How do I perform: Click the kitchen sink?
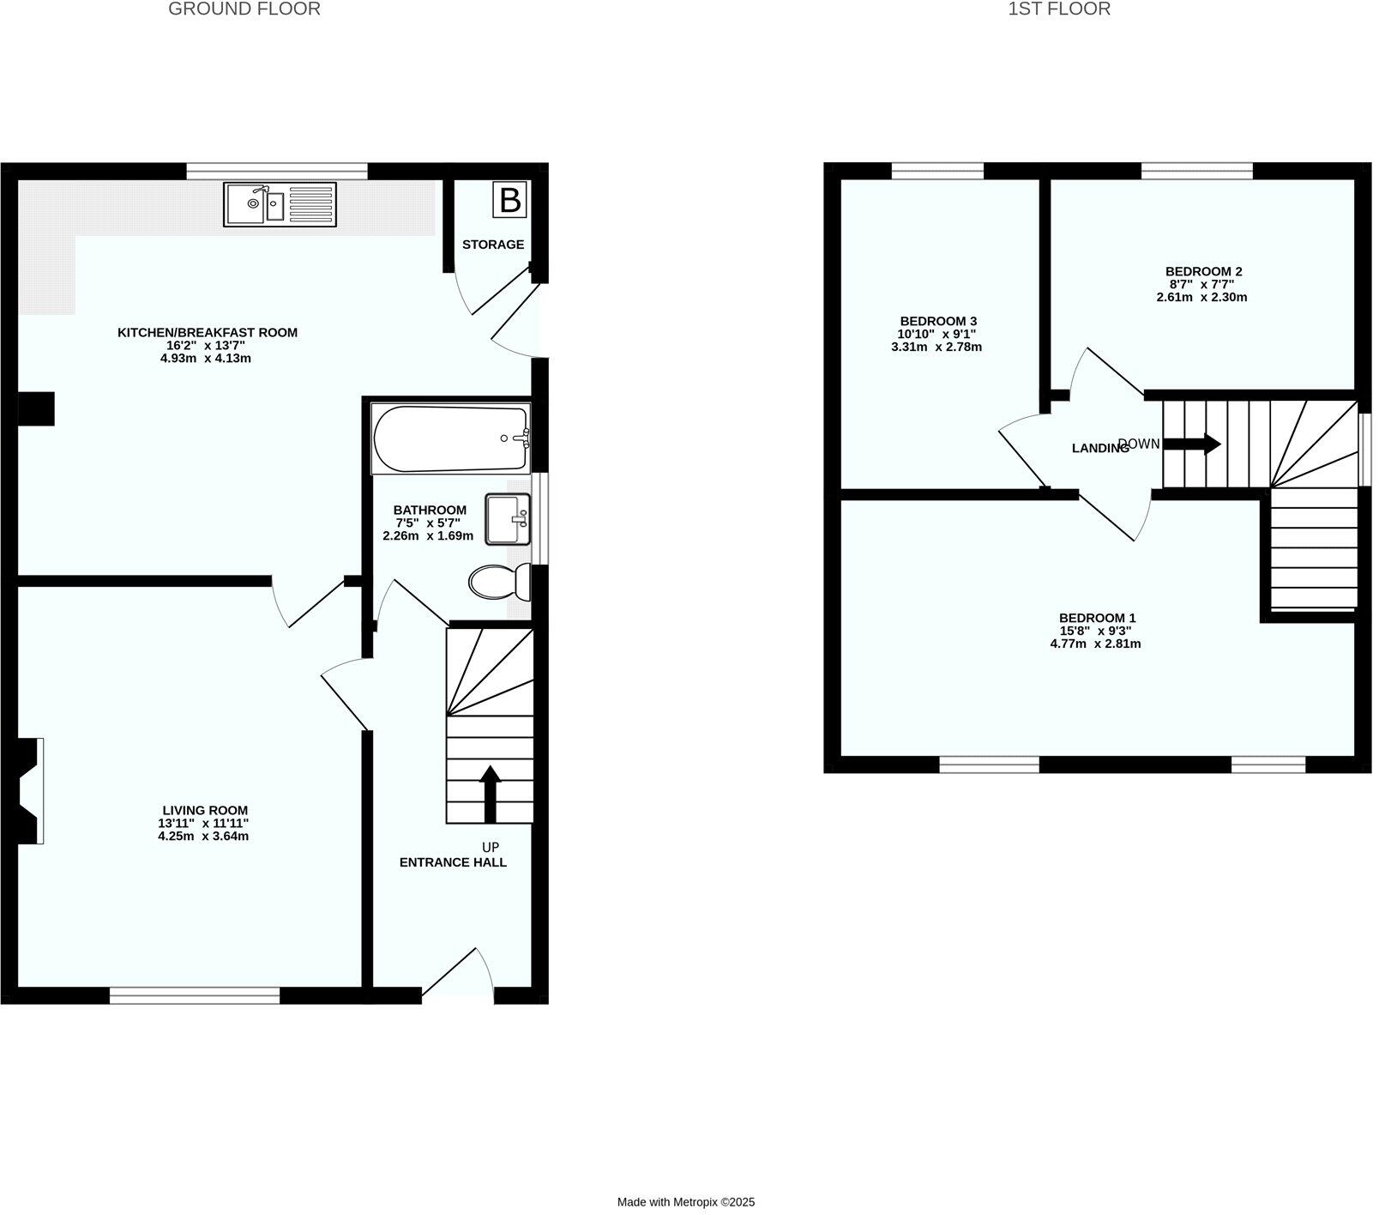tap(280, 204)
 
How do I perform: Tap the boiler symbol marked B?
tap(510, 201)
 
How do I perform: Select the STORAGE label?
tap(493, 245)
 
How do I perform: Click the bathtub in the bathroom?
tap(451, 438)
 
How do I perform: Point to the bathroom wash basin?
tap(508, 519)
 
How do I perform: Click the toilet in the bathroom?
tap(499, 583)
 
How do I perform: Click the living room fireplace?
tap(31, 790)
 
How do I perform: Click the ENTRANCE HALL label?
tap(453, 862)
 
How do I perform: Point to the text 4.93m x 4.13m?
tap(206, 359)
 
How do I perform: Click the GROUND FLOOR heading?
tap(244, 9)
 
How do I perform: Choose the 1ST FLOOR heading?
tap(1058, 9)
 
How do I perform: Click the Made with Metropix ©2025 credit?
tap(686, 1202)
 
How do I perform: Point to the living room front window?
tap(195, 995)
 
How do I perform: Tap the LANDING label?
tap(1100, 448)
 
